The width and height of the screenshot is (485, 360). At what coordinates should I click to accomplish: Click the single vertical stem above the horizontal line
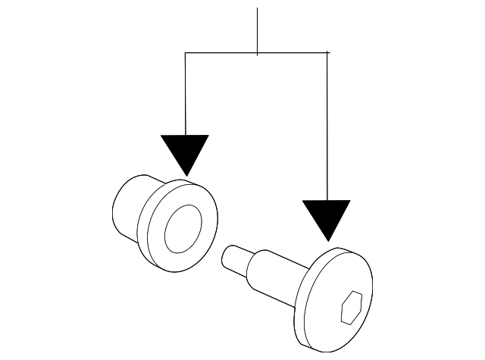[258, 30]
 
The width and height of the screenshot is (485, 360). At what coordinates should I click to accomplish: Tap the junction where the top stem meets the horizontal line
[258, 53]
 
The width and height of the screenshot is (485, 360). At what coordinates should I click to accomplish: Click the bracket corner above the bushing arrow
[186, 53]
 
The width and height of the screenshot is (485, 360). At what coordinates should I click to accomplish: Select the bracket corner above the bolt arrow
[327, 53]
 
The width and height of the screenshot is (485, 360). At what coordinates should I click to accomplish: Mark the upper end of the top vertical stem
[258, 9]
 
